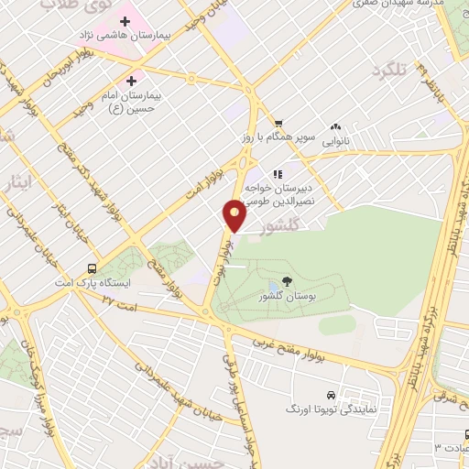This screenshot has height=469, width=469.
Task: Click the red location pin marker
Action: tap(235, 216)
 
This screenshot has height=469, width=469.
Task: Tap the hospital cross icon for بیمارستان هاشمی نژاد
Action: tap(125, 20)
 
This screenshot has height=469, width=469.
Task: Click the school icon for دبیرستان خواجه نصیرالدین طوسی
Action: tap(278, 173)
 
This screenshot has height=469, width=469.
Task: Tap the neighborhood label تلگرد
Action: tap(388, 71)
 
